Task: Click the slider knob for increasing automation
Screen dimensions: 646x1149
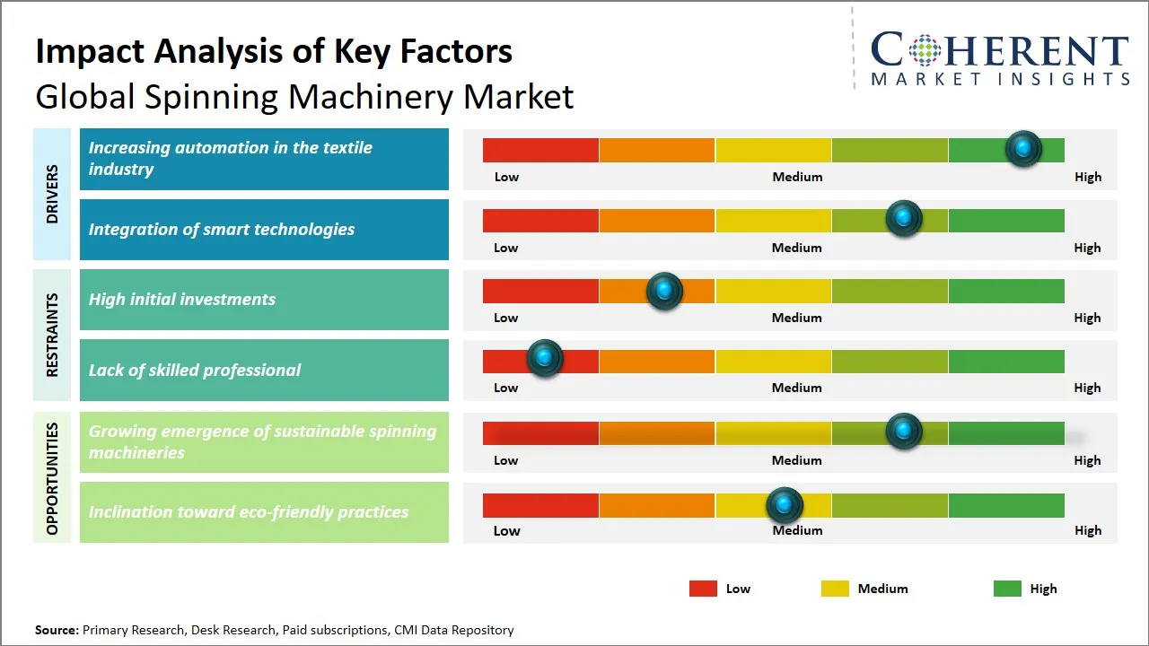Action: (x=1023, y=148)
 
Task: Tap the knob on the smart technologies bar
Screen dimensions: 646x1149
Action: (x=904, y=218)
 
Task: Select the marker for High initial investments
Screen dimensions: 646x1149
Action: (x=664, y=291)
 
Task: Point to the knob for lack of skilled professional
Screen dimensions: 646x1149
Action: (x=544, y=358)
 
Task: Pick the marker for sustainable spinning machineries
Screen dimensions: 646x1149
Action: (x=904, y=432)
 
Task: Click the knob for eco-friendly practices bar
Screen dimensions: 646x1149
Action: (x=785, y=505)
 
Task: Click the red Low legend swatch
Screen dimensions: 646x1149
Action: (x=703, y=589)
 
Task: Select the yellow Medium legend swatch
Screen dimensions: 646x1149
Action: (x=835, y=589)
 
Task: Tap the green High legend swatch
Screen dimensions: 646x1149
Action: (x=1007, y=589)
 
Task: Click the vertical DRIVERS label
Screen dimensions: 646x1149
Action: (x=52, y=194)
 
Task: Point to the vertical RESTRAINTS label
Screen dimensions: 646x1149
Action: (x=52, y=335)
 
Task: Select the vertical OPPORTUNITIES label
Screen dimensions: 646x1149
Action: (x=52, y=478)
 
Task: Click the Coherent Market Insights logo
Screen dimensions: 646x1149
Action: (x=999, y=59)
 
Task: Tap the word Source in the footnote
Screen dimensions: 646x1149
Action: (x=57, y=630)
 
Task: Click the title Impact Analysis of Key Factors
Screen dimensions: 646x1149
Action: (x=274, y=52)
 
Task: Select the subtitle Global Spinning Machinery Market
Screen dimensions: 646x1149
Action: (x=304, y=96)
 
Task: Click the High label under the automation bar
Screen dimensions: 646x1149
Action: (x=1088, y=177)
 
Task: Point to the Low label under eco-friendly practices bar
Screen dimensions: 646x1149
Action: (x=506, y=530)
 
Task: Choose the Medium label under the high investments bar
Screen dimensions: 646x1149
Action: (x=796, y=318)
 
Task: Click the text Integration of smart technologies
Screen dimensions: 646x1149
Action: (x=222, y=230)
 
